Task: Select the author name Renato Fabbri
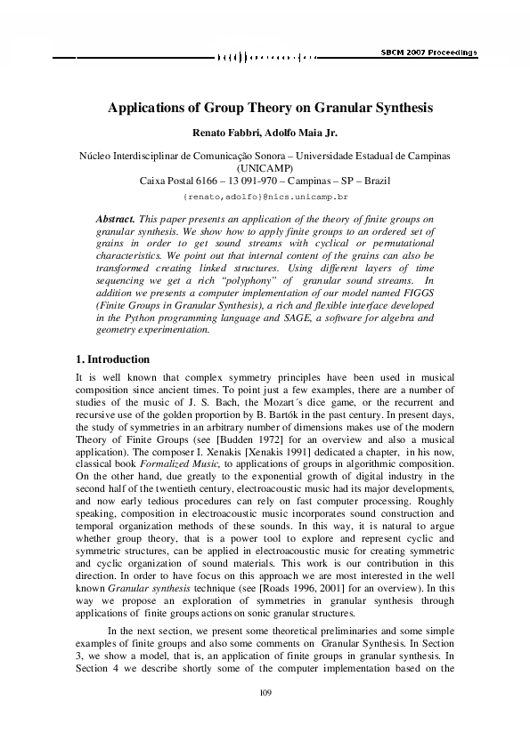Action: pyautogui.click(x=231, y=133)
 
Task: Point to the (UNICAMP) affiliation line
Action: pyautogui.click(x=265, y=167)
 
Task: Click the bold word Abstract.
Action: pyautogui.click(x=115, y=218)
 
